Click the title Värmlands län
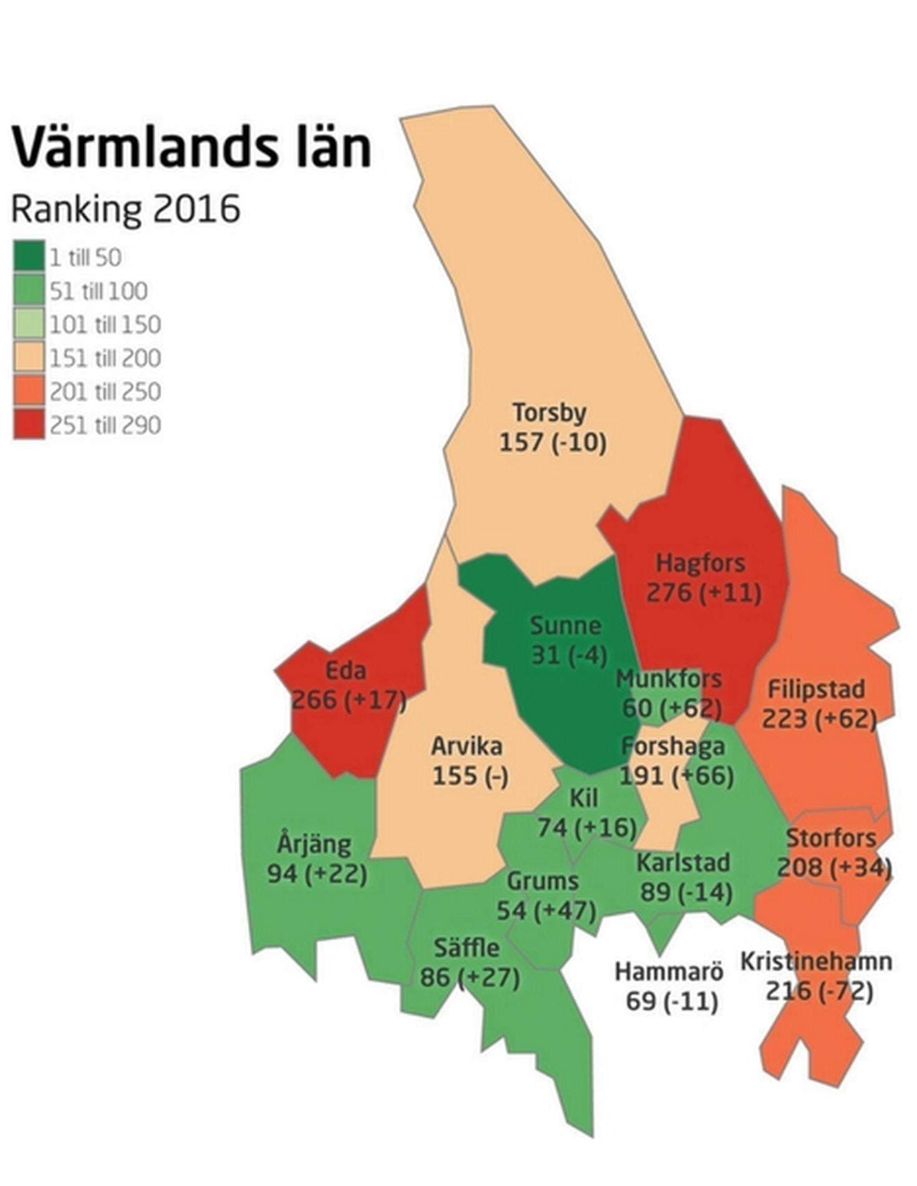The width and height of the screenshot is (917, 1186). tap(192, 147)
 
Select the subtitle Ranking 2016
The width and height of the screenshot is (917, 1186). tap(125, 209)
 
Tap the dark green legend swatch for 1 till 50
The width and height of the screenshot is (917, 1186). tap(29, 256)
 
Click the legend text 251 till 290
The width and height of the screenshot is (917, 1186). tap(105, 425)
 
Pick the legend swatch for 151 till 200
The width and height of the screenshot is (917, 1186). tap(29, 357)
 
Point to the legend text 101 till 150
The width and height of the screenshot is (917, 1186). tap(105, 324)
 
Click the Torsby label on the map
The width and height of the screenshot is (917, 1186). tap(550, 413)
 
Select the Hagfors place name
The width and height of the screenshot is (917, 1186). tap(701, 562)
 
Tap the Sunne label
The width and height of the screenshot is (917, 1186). tap(565, 625)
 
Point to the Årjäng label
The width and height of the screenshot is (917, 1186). tap(314, 844)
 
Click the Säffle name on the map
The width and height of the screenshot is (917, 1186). tap(467, 948)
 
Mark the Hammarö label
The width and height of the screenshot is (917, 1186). tap(669, 971)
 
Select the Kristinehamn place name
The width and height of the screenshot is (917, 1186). tap(816, 961)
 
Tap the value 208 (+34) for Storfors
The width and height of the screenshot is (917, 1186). tap(834, 867)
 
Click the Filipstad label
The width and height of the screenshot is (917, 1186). tap(816, 689)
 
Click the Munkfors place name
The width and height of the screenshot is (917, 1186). tap(669, 678)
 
